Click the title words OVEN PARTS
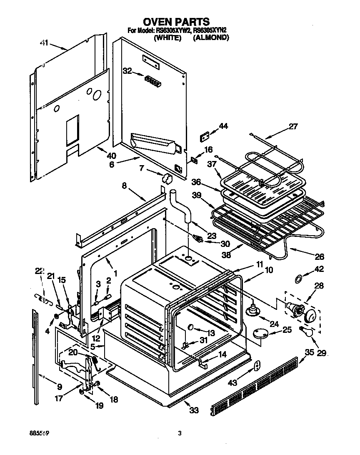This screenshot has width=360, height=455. (x=176, y=21)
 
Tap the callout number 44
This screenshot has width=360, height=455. (x=223, y=126)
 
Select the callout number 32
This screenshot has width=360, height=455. (x=127, y=71)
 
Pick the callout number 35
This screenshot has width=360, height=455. (x=309, y=352)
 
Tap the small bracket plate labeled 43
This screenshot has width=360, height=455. (x=257, y=366)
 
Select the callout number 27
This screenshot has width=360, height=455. (x=293, y=126)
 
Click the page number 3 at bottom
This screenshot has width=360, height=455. (x=180, y=433)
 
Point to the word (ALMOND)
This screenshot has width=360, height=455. (x=212, y=38)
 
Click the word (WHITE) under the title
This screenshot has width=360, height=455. (x=167, y=38)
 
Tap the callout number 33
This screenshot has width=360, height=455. (x=194, y=410)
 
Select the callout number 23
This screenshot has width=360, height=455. (x=212, y=236)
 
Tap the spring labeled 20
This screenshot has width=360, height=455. (x=95, y=359)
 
